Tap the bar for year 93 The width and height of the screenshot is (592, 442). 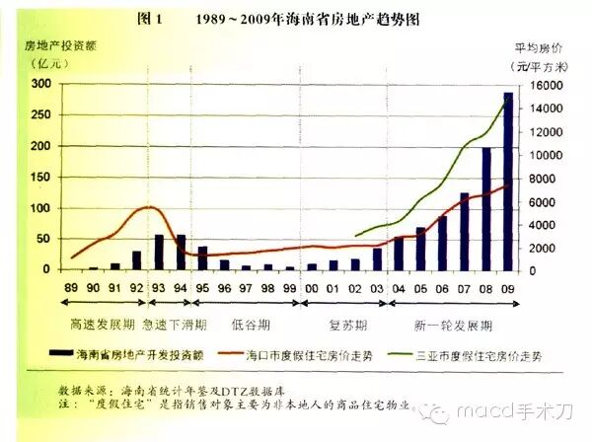(x=159, y=252)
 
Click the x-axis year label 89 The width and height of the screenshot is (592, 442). (x=72, y=287)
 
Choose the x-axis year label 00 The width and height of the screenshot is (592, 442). (x=312, y=287)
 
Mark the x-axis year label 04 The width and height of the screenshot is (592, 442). (x=399, y=287)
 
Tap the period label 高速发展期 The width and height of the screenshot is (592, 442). (x=96, y=324)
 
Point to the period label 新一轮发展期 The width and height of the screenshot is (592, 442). (x=453, y=324)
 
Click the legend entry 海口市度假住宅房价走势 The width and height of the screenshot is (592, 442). (x=335, y=352)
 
